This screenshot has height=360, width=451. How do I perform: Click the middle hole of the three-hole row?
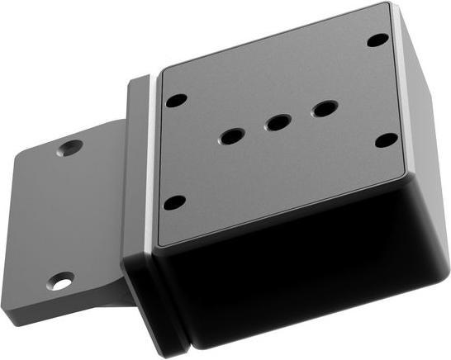click(x=278, y=123)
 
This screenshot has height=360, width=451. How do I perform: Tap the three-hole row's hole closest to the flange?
click(x=231, y=135)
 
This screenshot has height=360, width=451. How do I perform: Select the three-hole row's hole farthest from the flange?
click(x=324, y=108)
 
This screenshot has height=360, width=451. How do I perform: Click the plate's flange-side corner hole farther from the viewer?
click(x=176, y=101)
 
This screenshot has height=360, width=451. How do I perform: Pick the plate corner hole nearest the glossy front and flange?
click(x=174, y=202)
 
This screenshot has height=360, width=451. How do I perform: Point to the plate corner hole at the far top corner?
click(x=377, y=39)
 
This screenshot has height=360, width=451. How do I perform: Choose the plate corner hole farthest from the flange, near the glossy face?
click(x=386, y=140)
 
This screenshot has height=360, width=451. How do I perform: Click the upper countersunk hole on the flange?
click(x=69, y=149)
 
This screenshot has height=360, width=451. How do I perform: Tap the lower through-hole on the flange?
click(x=60, y=282)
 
